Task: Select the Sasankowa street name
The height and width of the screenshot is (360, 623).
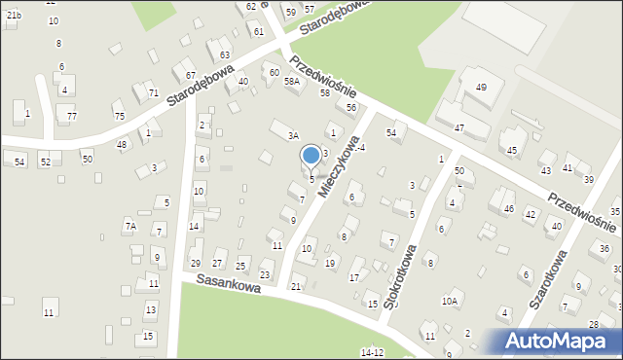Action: click(228, 289)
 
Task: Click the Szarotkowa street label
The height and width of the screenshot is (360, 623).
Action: click(548, 279)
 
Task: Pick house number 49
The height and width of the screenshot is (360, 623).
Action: click(480, 88)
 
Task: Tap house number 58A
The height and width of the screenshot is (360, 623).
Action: click(291, 82)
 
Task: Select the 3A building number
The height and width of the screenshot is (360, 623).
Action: click(292, 137)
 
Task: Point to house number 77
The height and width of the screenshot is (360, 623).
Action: click(71, 117)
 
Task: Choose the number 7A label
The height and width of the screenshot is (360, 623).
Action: click(129, 226)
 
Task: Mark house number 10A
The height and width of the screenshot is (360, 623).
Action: click(449, 302)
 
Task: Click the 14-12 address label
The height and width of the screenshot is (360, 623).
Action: click(372, 352)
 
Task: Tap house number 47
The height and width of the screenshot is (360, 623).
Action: click(458, 128)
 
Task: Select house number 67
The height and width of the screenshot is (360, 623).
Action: click(191, 75)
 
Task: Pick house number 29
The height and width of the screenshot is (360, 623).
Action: click(195, 264)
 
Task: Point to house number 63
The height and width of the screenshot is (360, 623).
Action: click(225, 54)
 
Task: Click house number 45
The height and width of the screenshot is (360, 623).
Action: click(512, 150)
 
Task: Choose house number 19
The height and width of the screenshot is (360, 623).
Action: click(330, 264)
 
